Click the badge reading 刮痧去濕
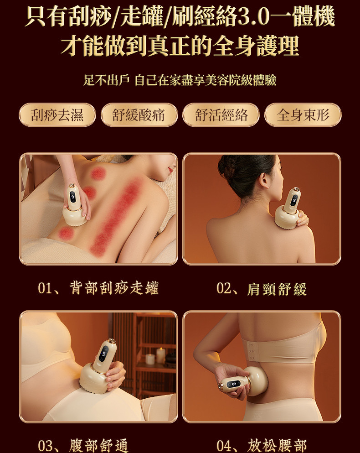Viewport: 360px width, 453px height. click(x=57, y=115)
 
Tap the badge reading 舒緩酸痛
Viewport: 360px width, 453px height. click(x=139, y=115)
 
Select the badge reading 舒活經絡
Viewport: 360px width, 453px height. click(x=221, y=115)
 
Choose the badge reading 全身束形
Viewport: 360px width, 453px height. click(x=303, y=115)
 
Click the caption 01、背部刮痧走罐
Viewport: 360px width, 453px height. click(x=98, y=288)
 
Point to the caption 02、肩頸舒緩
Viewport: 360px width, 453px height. click(x=262, y=289)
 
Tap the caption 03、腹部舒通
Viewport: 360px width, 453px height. click(x=83, y=445)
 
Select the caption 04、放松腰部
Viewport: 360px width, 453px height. click(x=262, y=445)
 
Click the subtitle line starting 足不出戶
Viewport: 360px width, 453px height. click(x=180, y=80)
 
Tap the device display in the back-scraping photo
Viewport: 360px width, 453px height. click(x=72, y=197)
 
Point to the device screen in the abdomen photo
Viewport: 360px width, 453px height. click(x=103, y=353)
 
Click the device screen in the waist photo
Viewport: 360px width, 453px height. click(x=234, y=384)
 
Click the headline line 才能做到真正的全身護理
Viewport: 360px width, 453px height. click(x=180, y=46)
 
